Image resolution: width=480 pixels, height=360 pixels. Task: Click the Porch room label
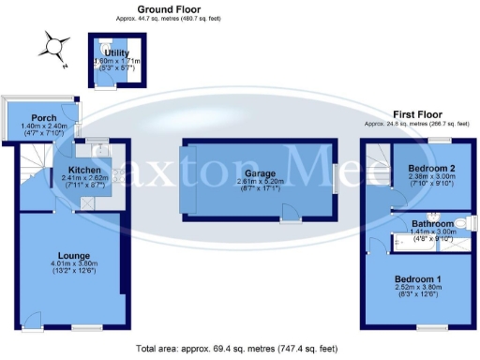click(x=44, y=117)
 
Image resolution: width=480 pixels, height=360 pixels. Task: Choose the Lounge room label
click(x=73, y=254)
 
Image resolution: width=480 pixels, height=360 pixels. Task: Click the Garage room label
click(x=260, y=173)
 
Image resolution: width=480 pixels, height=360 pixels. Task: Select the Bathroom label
click(x=434, y=224)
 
